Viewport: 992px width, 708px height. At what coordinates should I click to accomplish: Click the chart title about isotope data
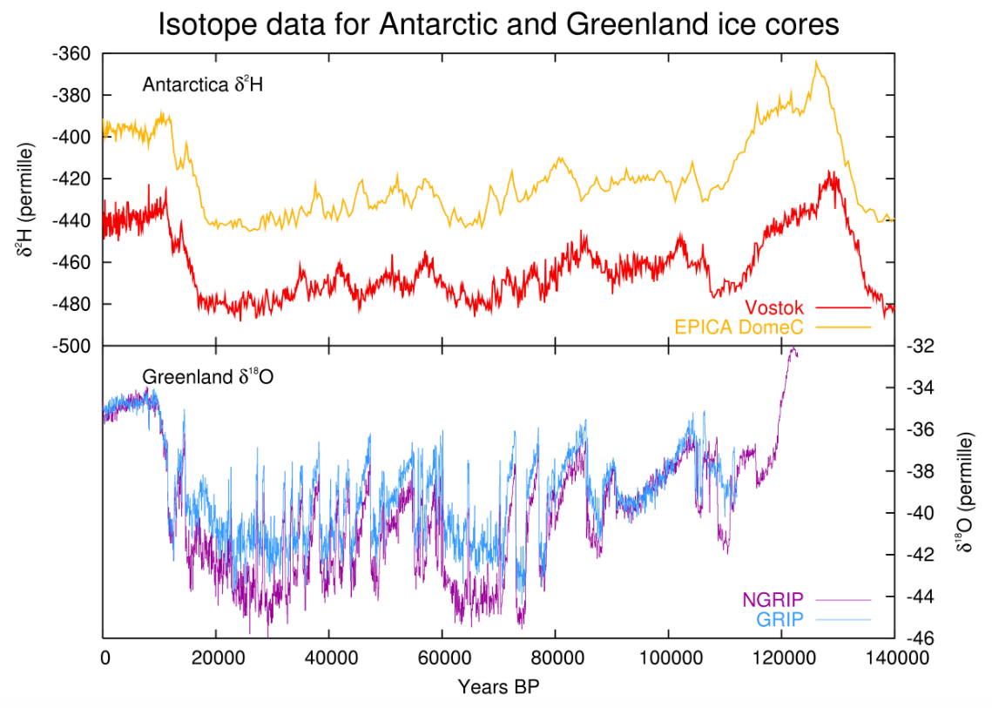tap(497, 24)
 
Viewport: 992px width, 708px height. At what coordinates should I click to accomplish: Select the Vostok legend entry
tap(774, 307)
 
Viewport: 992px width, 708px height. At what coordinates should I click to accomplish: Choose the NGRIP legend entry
tap(772, 599)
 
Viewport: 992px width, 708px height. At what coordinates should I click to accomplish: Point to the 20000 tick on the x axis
tap(217, 657)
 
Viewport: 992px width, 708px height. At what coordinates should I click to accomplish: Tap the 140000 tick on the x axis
tap(894, 657)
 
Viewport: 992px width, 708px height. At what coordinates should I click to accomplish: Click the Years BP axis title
tap(499, 688)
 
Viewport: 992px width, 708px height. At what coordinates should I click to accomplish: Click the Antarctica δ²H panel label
tap(202, 85)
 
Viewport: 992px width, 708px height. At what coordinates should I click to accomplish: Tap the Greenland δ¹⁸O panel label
tap(206, 378)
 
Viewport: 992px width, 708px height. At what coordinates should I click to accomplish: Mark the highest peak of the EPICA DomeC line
tap(816, 61)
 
